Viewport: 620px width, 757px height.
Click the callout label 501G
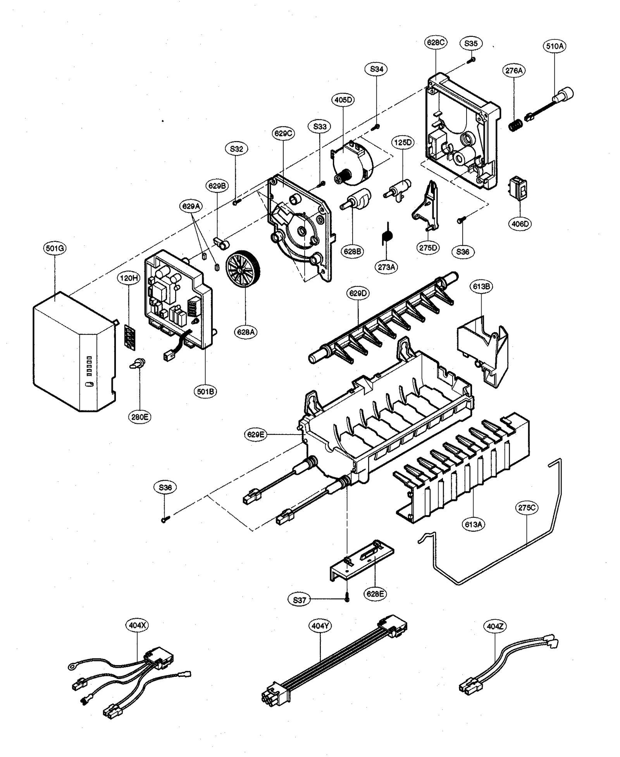click(54, 248)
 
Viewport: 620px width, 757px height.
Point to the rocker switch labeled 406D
click(519, 189)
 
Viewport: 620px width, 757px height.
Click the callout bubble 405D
click(343, 100)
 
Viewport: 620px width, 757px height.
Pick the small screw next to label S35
click(472, 60)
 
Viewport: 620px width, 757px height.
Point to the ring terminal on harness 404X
click(72, 666)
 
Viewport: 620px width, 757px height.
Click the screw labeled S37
click(347, 599)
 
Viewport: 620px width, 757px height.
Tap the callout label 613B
click(481, 286)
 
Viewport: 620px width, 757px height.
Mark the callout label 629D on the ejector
click(358, 293)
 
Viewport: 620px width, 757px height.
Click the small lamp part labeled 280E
click(137, 363)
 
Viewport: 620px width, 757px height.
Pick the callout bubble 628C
click(436, 42)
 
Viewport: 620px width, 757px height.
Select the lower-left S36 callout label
click(165, 488)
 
